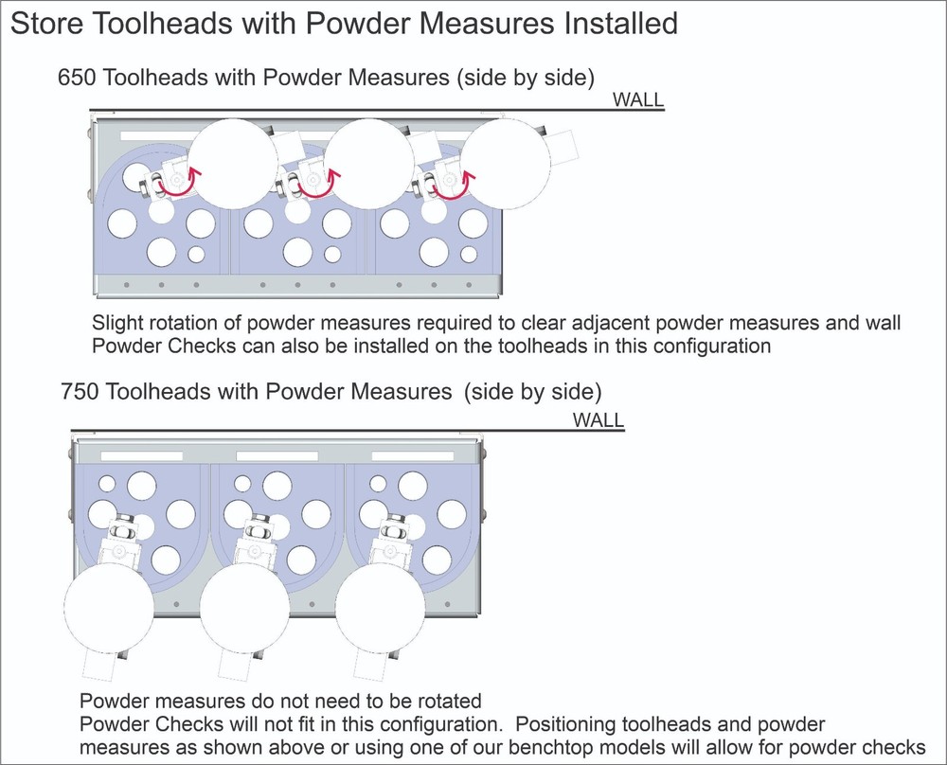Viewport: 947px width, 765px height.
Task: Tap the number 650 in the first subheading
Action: (77, 78)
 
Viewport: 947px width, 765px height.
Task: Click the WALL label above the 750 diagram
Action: (599, 419)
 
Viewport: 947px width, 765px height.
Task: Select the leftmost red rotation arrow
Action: (179, 185)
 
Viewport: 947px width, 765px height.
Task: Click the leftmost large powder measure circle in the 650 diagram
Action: (233, 163)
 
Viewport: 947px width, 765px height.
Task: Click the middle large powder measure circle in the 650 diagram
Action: (369, 163)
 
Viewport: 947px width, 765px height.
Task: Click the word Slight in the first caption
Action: (117, 322)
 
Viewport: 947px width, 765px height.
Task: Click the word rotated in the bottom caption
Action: (446, 702)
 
